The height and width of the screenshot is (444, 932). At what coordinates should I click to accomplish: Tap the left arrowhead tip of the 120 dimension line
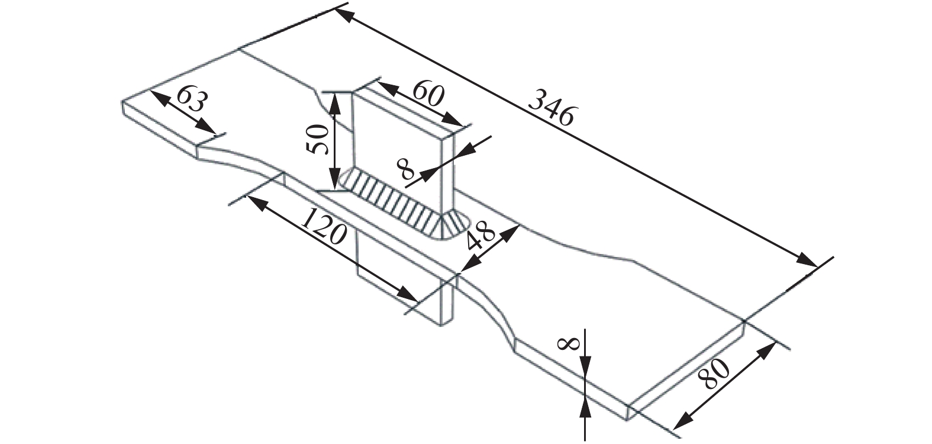(x=247, y=195)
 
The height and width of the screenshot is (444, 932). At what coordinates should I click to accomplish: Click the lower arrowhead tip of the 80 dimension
(x=673, y=429)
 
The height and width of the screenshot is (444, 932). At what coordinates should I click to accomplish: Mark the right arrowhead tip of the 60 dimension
(x=463, y=126)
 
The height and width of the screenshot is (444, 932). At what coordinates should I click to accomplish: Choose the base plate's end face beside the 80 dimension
(x=686, y=371)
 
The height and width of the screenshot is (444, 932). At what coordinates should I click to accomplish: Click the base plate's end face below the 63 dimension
(x=160, y=130)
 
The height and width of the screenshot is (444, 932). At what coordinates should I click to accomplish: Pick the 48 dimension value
(x=480, y=239)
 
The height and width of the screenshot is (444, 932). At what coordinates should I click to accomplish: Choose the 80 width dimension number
(x=714, y=374)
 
